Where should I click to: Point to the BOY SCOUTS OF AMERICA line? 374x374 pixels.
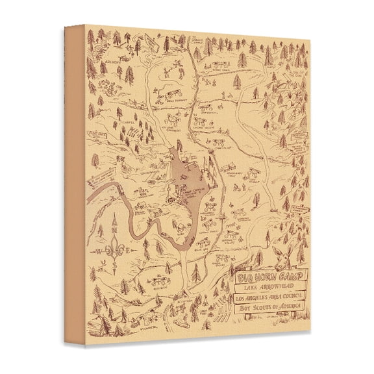pyautogui.click(x=266, y=312)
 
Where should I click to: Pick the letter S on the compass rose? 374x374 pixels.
pyautogui.click(x=111, y=265)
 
